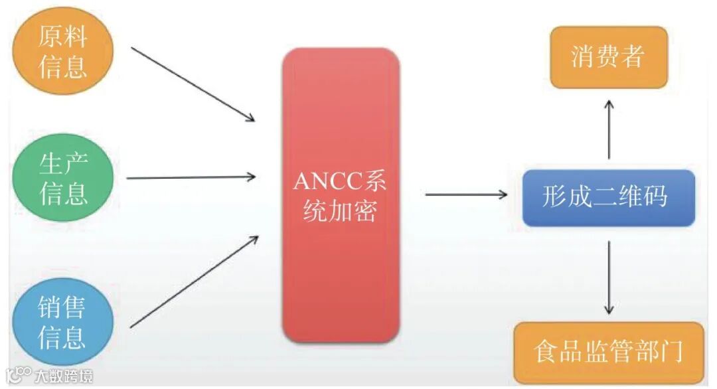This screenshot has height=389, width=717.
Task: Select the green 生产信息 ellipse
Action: tap(64, 177)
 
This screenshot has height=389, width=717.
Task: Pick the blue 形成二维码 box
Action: tap(607, 197)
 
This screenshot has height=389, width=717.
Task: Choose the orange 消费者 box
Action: tap(608, 57)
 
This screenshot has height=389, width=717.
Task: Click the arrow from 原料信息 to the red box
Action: tap(193, 84)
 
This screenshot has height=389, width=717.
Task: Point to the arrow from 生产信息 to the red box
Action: tap(191, 177)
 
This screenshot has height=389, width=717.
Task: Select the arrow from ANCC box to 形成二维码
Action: tap(465, 194)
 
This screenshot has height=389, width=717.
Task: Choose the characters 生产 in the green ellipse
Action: tap(64, 162)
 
